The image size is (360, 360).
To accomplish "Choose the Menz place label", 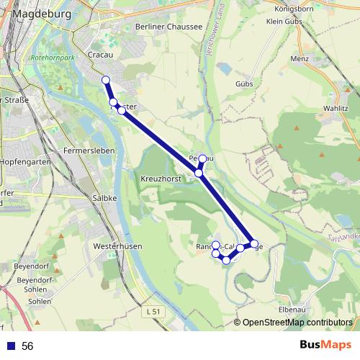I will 300,58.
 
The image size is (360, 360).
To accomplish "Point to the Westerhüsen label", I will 117,246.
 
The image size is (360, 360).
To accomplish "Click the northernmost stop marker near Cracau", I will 106,80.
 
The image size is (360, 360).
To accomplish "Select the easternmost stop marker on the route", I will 254,243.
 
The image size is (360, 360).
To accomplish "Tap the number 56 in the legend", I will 27,346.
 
